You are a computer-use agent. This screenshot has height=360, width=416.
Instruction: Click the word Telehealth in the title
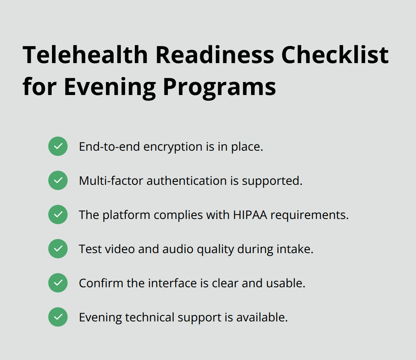pos(85,55)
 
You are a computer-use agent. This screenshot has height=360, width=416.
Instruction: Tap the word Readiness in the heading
pos(215,55)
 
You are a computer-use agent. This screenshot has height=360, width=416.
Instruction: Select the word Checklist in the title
pos(335,55)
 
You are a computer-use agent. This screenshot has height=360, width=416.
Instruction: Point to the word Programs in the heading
pos(219,88)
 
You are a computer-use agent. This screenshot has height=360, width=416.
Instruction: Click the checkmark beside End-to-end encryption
pos(58,146)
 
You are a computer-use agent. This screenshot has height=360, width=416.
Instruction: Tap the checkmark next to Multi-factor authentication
pos(58,180)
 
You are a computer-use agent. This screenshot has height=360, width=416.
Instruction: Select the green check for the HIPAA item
pos(58,215)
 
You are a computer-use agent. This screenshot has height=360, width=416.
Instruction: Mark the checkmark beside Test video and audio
pos(58,249)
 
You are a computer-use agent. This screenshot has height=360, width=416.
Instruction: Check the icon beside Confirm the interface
pos(58,283)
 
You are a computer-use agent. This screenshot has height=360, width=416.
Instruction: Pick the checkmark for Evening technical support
pos(58,317)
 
